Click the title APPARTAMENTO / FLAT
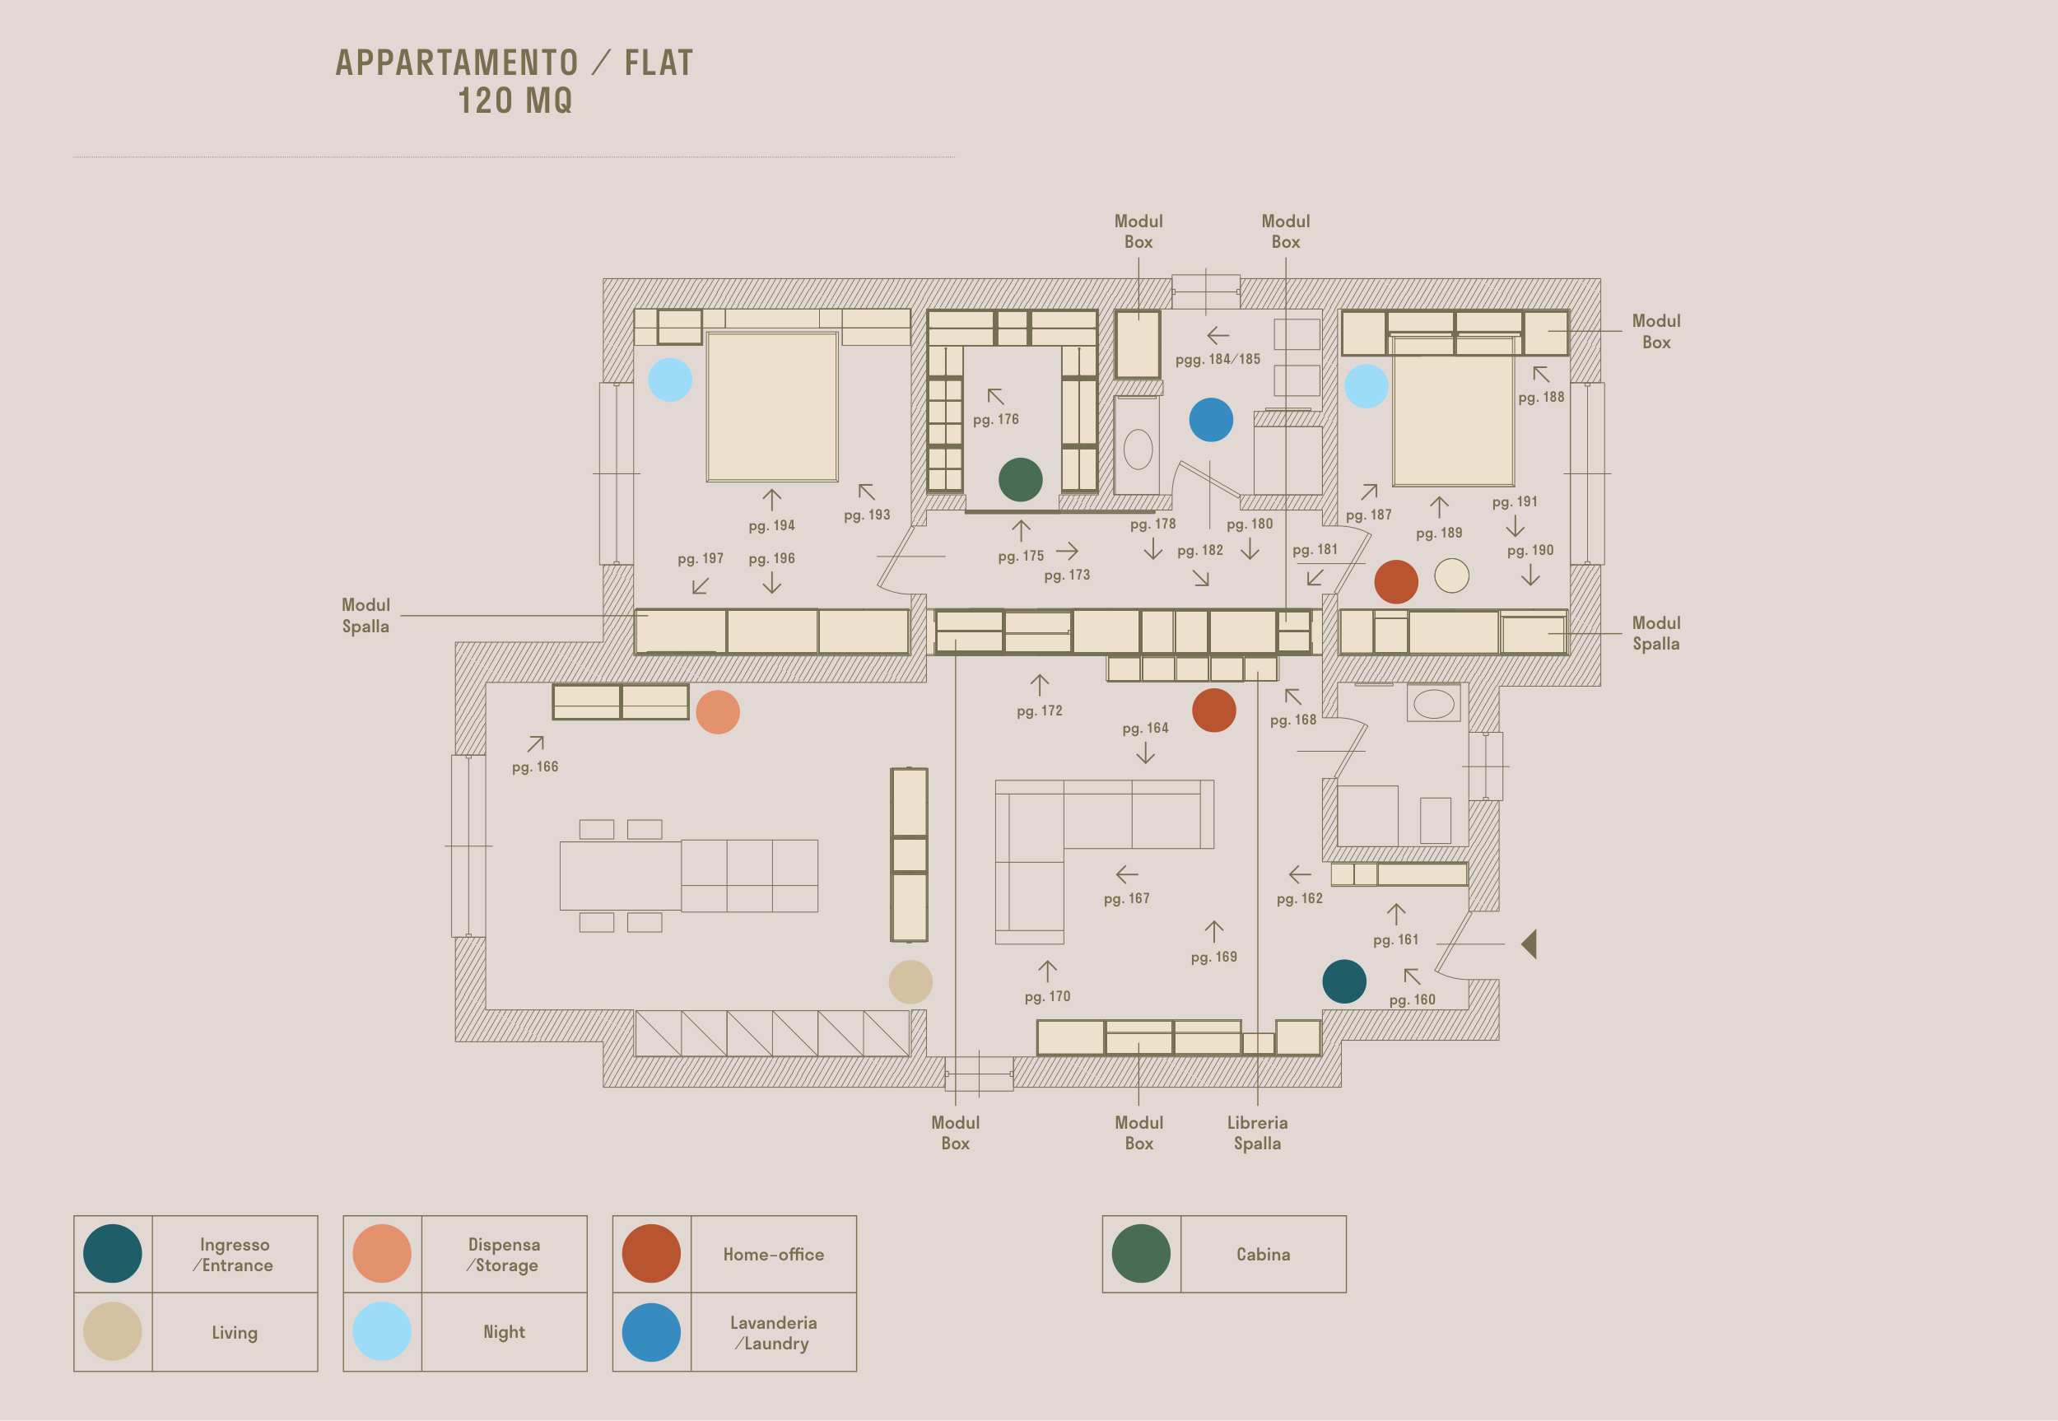tap(514, 63)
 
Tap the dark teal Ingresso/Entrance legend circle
tap(112, 1254)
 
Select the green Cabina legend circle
tap(1141, 1254)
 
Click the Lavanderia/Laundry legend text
tap(773, 1333)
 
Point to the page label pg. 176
tap(996, 419)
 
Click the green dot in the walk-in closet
tap(1020, 480)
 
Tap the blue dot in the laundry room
tap(1211, 419)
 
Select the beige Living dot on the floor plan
tap(910, 982)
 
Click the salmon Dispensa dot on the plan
tap(718, 712)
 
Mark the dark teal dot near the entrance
tap(1344, 981)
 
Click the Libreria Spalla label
tap(1257, 1133)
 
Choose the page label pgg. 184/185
tap(1218, 360)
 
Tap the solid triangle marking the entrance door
tap(1530, 943)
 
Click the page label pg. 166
tap(535, 766)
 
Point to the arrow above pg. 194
tap(772, 500)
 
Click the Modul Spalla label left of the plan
tap(366, 615)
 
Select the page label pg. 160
tap(1413, 999)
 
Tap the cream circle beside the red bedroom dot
tap(1452, 575)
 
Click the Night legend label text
tap(504, 1332)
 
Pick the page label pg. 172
tap(1040, 710)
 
